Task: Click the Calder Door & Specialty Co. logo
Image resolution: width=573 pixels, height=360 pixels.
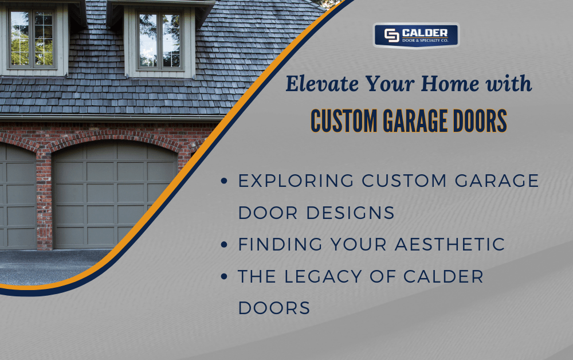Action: pyautogui.click(x=416, y=36)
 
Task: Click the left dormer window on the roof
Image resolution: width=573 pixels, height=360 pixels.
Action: pyautogui.click(x=32, y=38)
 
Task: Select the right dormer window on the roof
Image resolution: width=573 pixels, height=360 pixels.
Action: pyautogui.click(x=160, y=39)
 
